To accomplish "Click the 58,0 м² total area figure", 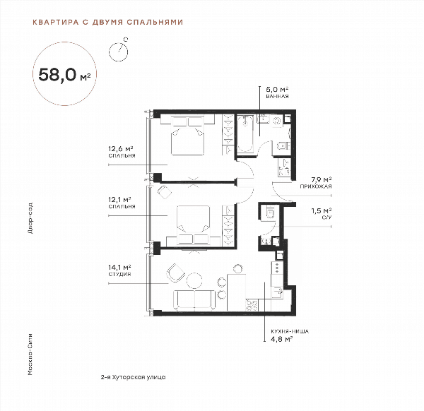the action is (x=64, y=75).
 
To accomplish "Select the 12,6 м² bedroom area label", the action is (x=121, y=148).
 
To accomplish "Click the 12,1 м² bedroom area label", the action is (x=119, y=200).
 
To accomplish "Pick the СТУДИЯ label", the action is (x=119, y=274).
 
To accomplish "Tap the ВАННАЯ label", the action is (x=277, y=96).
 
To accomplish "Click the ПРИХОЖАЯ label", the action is (x=316, y=186).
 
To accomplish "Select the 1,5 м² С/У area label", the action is (x=322, y=210).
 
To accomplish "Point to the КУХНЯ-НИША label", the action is (x=290, y=331).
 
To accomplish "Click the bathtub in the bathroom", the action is (x=245, y=133).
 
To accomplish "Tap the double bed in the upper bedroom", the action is (x=187, y=136).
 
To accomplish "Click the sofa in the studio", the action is (x=194, y=300).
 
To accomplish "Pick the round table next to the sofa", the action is (x=194, y=281).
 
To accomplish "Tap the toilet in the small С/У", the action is (x=270, y=212).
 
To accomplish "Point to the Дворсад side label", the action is (x=30, y=218).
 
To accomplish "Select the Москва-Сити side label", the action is (x=30, y=355).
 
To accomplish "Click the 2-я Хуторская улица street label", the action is (x=133, y=377).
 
